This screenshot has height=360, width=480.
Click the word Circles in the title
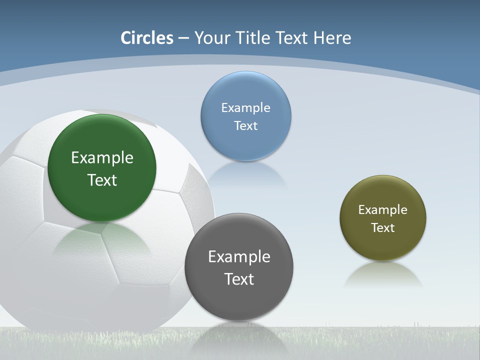pos(147,38)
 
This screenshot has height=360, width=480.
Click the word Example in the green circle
pos(102,157)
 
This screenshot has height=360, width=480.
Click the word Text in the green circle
pos(102,180)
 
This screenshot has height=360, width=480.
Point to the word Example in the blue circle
pos(245,107)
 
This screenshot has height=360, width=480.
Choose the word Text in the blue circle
pos(245,125)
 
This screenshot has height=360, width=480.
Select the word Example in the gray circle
pos(239,256)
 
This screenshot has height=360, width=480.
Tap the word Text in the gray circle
pos(239,279)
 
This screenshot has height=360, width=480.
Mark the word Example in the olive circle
pos(383,209)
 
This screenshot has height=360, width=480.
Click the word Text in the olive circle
pos(383,227)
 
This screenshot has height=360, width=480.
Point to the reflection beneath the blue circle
pos(245,174)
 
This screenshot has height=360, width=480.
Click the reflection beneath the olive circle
pos(383,275)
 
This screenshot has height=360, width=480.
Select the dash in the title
pos(183,38)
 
